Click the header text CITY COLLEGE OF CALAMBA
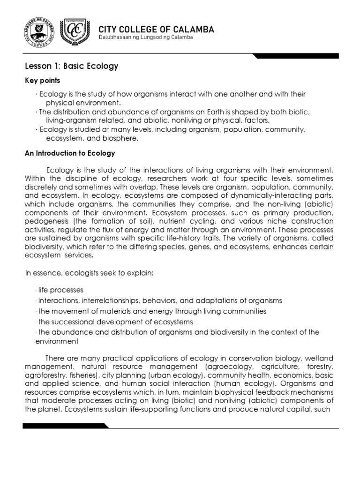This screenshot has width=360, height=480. tap(156, 30)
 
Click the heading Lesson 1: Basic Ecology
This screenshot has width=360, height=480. tap(71, 66)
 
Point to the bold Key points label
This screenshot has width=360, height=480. tap(42, 81)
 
